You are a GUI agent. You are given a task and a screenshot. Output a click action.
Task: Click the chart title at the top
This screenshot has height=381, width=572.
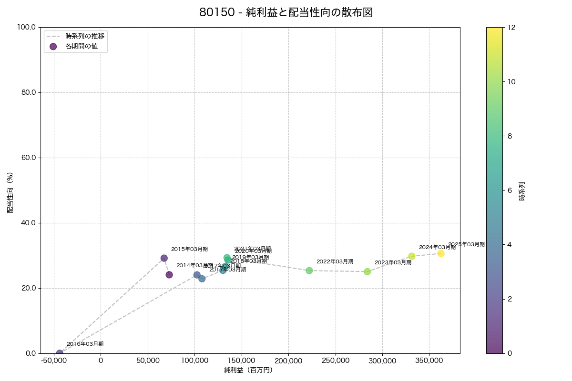point(286,13)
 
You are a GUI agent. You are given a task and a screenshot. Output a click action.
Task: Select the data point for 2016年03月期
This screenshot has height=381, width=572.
point(60,353)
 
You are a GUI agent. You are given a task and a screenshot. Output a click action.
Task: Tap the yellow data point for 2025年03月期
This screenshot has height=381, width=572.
point(441,253)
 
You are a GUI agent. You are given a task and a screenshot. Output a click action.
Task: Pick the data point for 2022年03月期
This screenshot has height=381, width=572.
point(309,271)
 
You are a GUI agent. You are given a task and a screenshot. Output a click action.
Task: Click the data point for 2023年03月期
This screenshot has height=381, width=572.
point(368,271)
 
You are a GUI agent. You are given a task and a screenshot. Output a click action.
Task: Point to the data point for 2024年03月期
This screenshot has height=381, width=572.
point(412,256)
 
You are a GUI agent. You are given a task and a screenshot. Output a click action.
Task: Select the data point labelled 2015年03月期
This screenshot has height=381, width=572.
point(164,258)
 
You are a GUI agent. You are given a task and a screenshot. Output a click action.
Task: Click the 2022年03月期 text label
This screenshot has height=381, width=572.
point(335,261)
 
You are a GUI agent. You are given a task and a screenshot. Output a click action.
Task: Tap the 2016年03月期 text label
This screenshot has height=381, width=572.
point(85,344)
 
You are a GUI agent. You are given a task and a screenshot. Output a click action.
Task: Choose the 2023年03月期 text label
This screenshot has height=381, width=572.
point(393,262)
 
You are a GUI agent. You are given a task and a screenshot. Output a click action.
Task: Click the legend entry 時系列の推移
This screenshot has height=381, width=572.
point(85,36)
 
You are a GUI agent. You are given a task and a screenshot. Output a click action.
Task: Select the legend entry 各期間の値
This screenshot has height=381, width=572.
point(82,46)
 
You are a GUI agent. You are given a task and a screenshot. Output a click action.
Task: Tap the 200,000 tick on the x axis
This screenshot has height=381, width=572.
point(288,361)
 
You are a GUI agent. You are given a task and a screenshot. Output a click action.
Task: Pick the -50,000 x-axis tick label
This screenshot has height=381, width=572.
point(53,361)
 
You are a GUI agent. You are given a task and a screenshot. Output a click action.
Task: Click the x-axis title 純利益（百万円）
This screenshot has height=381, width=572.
point(248,370)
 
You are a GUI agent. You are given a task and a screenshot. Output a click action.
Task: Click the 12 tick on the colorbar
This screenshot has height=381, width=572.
point(511,27)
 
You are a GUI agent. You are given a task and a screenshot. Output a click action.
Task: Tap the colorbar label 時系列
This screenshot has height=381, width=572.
point(522,190)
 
